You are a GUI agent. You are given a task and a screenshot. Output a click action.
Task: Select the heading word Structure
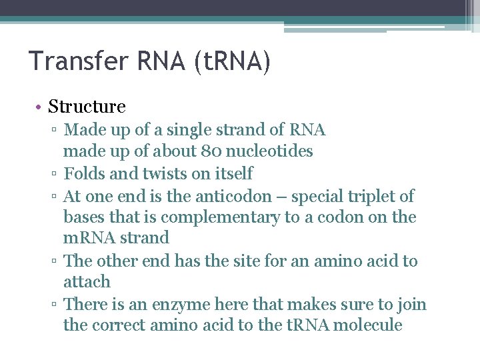pos(87,107)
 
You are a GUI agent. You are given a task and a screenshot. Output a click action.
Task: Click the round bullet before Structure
pos(41,107)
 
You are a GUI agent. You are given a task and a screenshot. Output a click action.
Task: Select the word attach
pos(87,281)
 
